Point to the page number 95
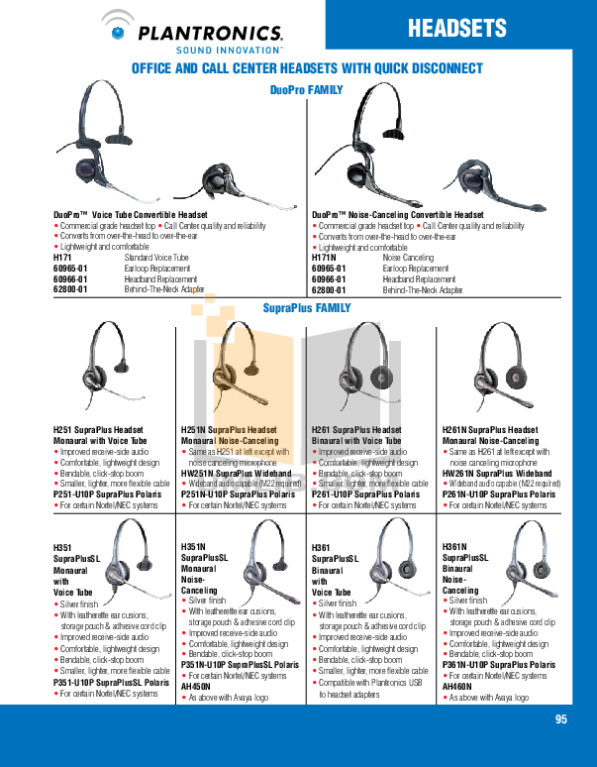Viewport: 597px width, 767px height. coord(561,720)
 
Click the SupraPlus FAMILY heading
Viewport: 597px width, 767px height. coord(305,309)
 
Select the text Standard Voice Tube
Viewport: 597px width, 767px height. coord(155,258)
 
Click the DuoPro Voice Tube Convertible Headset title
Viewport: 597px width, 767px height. coord(131,215)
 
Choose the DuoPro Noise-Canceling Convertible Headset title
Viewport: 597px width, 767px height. coord(398,215)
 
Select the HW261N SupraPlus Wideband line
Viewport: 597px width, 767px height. coord(496,474)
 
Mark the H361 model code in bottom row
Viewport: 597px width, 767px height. coord(322,547)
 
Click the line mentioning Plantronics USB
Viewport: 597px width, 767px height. coord(380,684)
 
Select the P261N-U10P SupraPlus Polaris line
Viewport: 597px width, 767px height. coord(498,493)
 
